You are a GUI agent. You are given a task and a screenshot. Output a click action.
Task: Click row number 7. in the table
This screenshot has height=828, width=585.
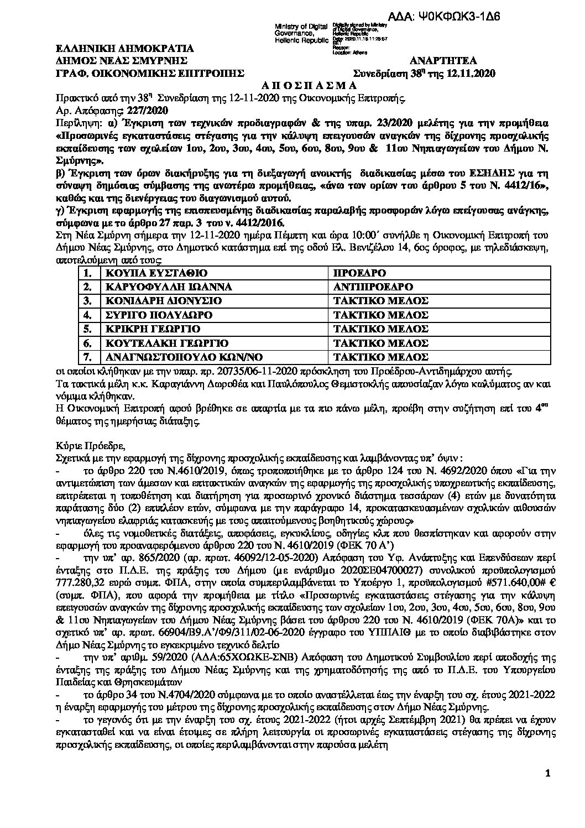click(86, 357)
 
